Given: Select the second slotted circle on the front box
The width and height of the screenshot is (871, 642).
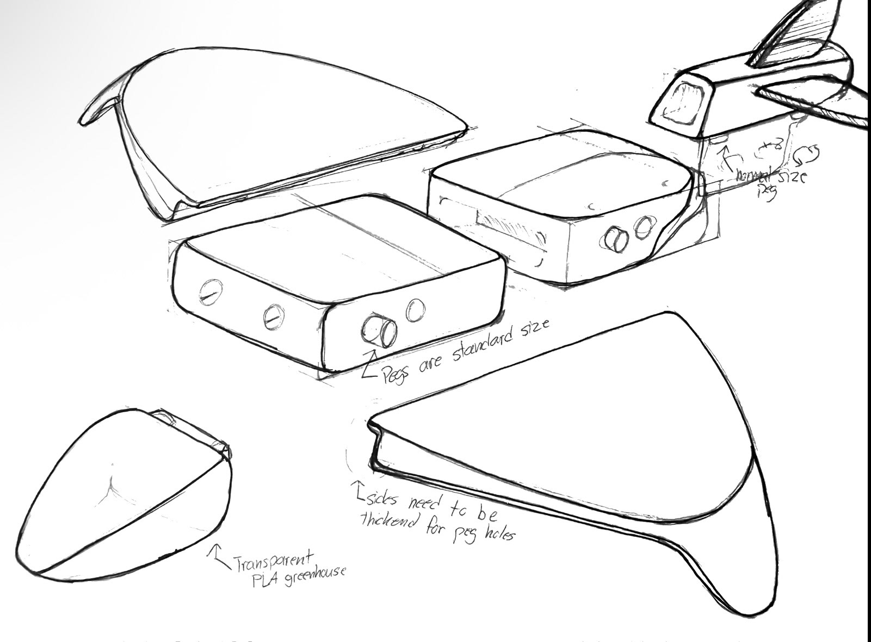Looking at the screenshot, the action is (273, 317).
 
